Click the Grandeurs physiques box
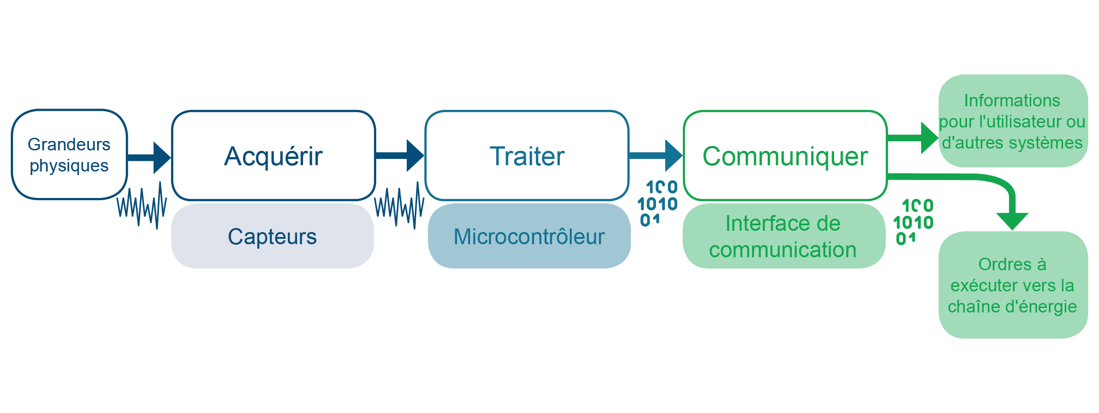coord(69,154)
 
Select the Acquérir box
coord(273,155)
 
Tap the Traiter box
coord(527,155)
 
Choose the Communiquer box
coord(785,155)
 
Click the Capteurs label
coord(273,237)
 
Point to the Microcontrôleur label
coord(529,237)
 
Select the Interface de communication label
coord(783,237)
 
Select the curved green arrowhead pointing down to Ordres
coord(1012,220)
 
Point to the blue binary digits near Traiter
coord(658,203)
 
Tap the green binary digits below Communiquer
coord(914,222)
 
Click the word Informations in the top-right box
coord(1012,101)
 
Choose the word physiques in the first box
coord(69,166)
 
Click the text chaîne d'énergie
coord(1012,307)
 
